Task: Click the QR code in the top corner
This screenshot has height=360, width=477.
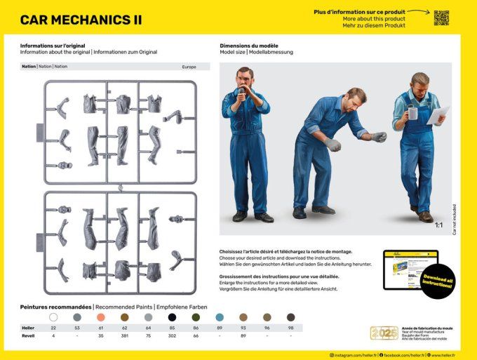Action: click(x=441, y=18)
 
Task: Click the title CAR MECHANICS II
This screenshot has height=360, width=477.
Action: click(x=81, y=20)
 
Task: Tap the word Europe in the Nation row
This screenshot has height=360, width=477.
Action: click(x=189, y=67)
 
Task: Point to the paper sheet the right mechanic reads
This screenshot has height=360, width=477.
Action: click(x=438, y=114)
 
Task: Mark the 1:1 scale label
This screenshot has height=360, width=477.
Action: click(x=438, y=225)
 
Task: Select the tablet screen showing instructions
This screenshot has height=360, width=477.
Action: click(x=410, y=269)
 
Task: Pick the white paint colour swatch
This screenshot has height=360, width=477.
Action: click(x=53, y=317)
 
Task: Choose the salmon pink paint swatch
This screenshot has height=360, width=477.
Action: click(x=101, y=317)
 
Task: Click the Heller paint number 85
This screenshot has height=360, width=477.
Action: click(x=172, y=328)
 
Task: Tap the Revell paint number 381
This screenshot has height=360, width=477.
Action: click(x=125, y=336)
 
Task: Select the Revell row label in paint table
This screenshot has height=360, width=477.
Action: click(x=28, y=336)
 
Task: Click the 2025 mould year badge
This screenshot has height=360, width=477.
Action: click(x=384, y=333)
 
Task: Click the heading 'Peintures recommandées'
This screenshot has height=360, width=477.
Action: click(x=55, y=307)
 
